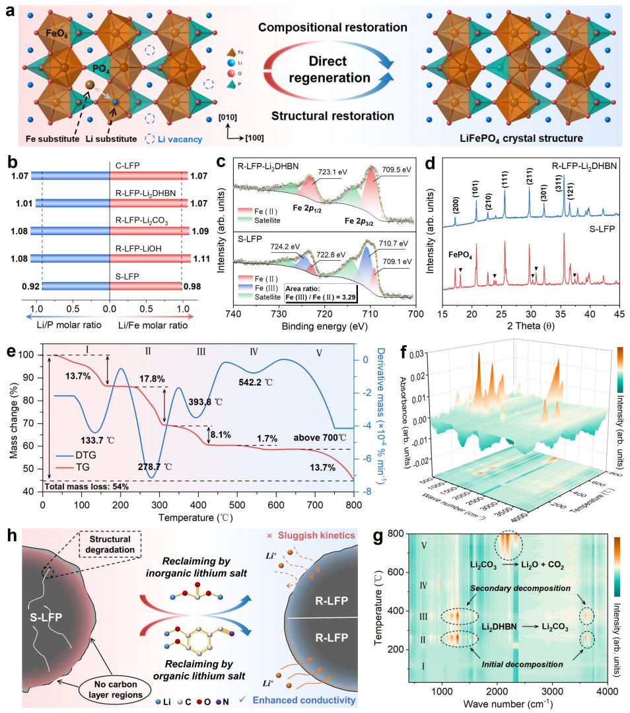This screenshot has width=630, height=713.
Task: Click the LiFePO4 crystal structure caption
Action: (x=520, y=139)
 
